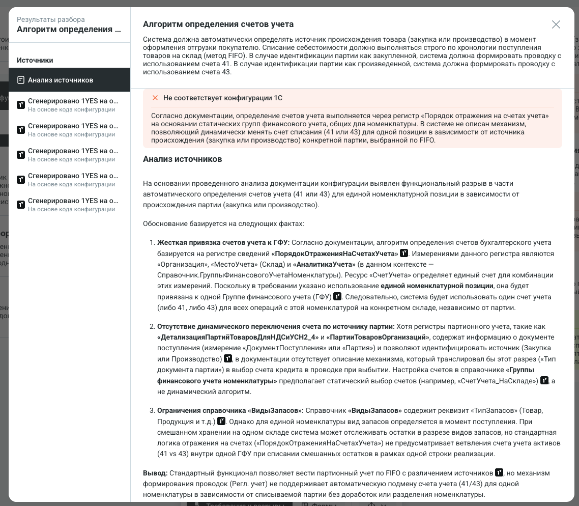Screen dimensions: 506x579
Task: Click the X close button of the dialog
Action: tap(556, 24)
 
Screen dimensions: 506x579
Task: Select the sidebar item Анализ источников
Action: tap(61, 80)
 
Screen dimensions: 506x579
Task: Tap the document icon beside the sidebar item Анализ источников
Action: tap(21, 80)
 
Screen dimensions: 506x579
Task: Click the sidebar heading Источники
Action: tap(35, 60)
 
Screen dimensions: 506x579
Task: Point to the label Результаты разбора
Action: tap(51, 19)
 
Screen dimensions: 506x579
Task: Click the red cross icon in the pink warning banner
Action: tap(155, 98)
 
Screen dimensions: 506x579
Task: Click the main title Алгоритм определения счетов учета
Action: tap(218, 24)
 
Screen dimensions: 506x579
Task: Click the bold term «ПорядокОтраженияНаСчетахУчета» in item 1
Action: tap(335, 254)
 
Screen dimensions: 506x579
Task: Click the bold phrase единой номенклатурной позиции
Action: tap(437, 286)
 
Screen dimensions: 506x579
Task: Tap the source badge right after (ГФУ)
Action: tap(337, 296)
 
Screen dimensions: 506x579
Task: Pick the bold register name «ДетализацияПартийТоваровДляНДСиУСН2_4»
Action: tap(238, 337)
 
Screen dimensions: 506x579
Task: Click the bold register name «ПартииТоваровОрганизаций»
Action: tap(378, 337)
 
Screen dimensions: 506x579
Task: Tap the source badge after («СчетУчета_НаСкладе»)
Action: tap(544, 380)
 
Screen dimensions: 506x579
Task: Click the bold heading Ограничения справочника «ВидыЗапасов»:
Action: tap(230, 410)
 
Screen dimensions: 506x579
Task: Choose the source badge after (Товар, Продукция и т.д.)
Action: tap(221, 421)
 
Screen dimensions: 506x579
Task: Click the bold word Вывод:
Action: tap(155, 473)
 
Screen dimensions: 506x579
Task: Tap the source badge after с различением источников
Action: tap(499, 473)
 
